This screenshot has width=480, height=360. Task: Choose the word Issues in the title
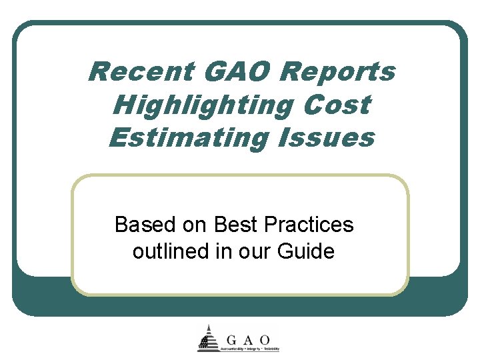click(x=327, y=138)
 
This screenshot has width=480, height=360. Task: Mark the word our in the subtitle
click(x=261, y=252)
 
